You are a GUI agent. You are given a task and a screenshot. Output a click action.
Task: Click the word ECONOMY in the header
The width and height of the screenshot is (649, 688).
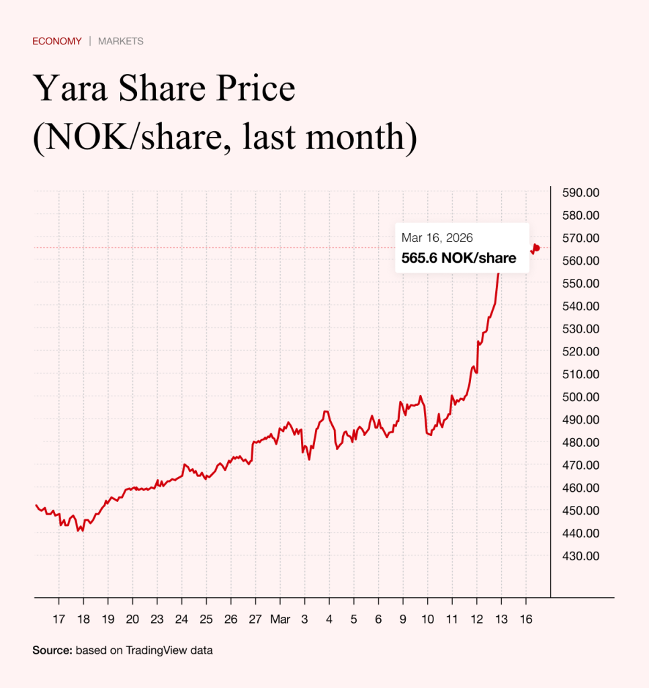(57, 41)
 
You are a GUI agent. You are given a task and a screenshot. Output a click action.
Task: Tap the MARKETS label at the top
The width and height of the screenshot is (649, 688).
(121, 41)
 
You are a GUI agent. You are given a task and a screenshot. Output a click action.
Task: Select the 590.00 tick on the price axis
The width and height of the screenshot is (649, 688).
(580, 193)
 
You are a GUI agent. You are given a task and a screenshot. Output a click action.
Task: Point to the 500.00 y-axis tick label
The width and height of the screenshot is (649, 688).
(580, 397)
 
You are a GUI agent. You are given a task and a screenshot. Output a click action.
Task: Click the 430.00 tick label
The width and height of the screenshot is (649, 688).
(580, 556)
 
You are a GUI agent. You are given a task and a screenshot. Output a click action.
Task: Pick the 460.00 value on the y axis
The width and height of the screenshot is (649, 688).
(580, 488)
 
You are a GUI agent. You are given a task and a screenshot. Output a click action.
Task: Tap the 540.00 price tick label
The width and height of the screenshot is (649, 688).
(580, 306)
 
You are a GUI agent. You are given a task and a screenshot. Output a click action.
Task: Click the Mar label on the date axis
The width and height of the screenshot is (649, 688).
(279, 619)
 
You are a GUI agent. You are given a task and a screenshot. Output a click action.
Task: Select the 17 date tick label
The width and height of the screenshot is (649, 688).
(59, 619)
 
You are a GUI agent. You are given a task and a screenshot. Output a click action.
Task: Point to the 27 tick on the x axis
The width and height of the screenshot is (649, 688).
(255, 619)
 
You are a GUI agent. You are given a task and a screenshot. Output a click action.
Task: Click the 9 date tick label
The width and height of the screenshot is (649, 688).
(403, 619)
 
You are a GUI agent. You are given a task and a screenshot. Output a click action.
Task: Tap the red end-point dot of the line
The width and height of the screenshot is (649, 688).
(536, 248)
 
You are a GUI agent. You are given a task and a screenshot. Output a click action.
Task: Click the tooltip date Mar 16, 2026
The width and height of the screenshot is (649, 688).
(437, 238)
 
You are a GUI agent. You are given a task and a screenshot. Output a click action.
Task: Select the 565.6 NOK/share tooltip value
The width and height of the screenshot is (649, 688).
(459, 258)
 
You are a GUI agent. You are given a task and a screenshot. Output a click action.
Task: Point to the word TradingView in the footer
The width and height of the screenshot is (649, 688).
(150, 650)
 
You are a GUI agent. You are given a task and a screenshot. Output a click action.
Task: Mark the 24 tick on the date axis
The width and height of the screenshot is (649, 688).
(182, 619)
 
